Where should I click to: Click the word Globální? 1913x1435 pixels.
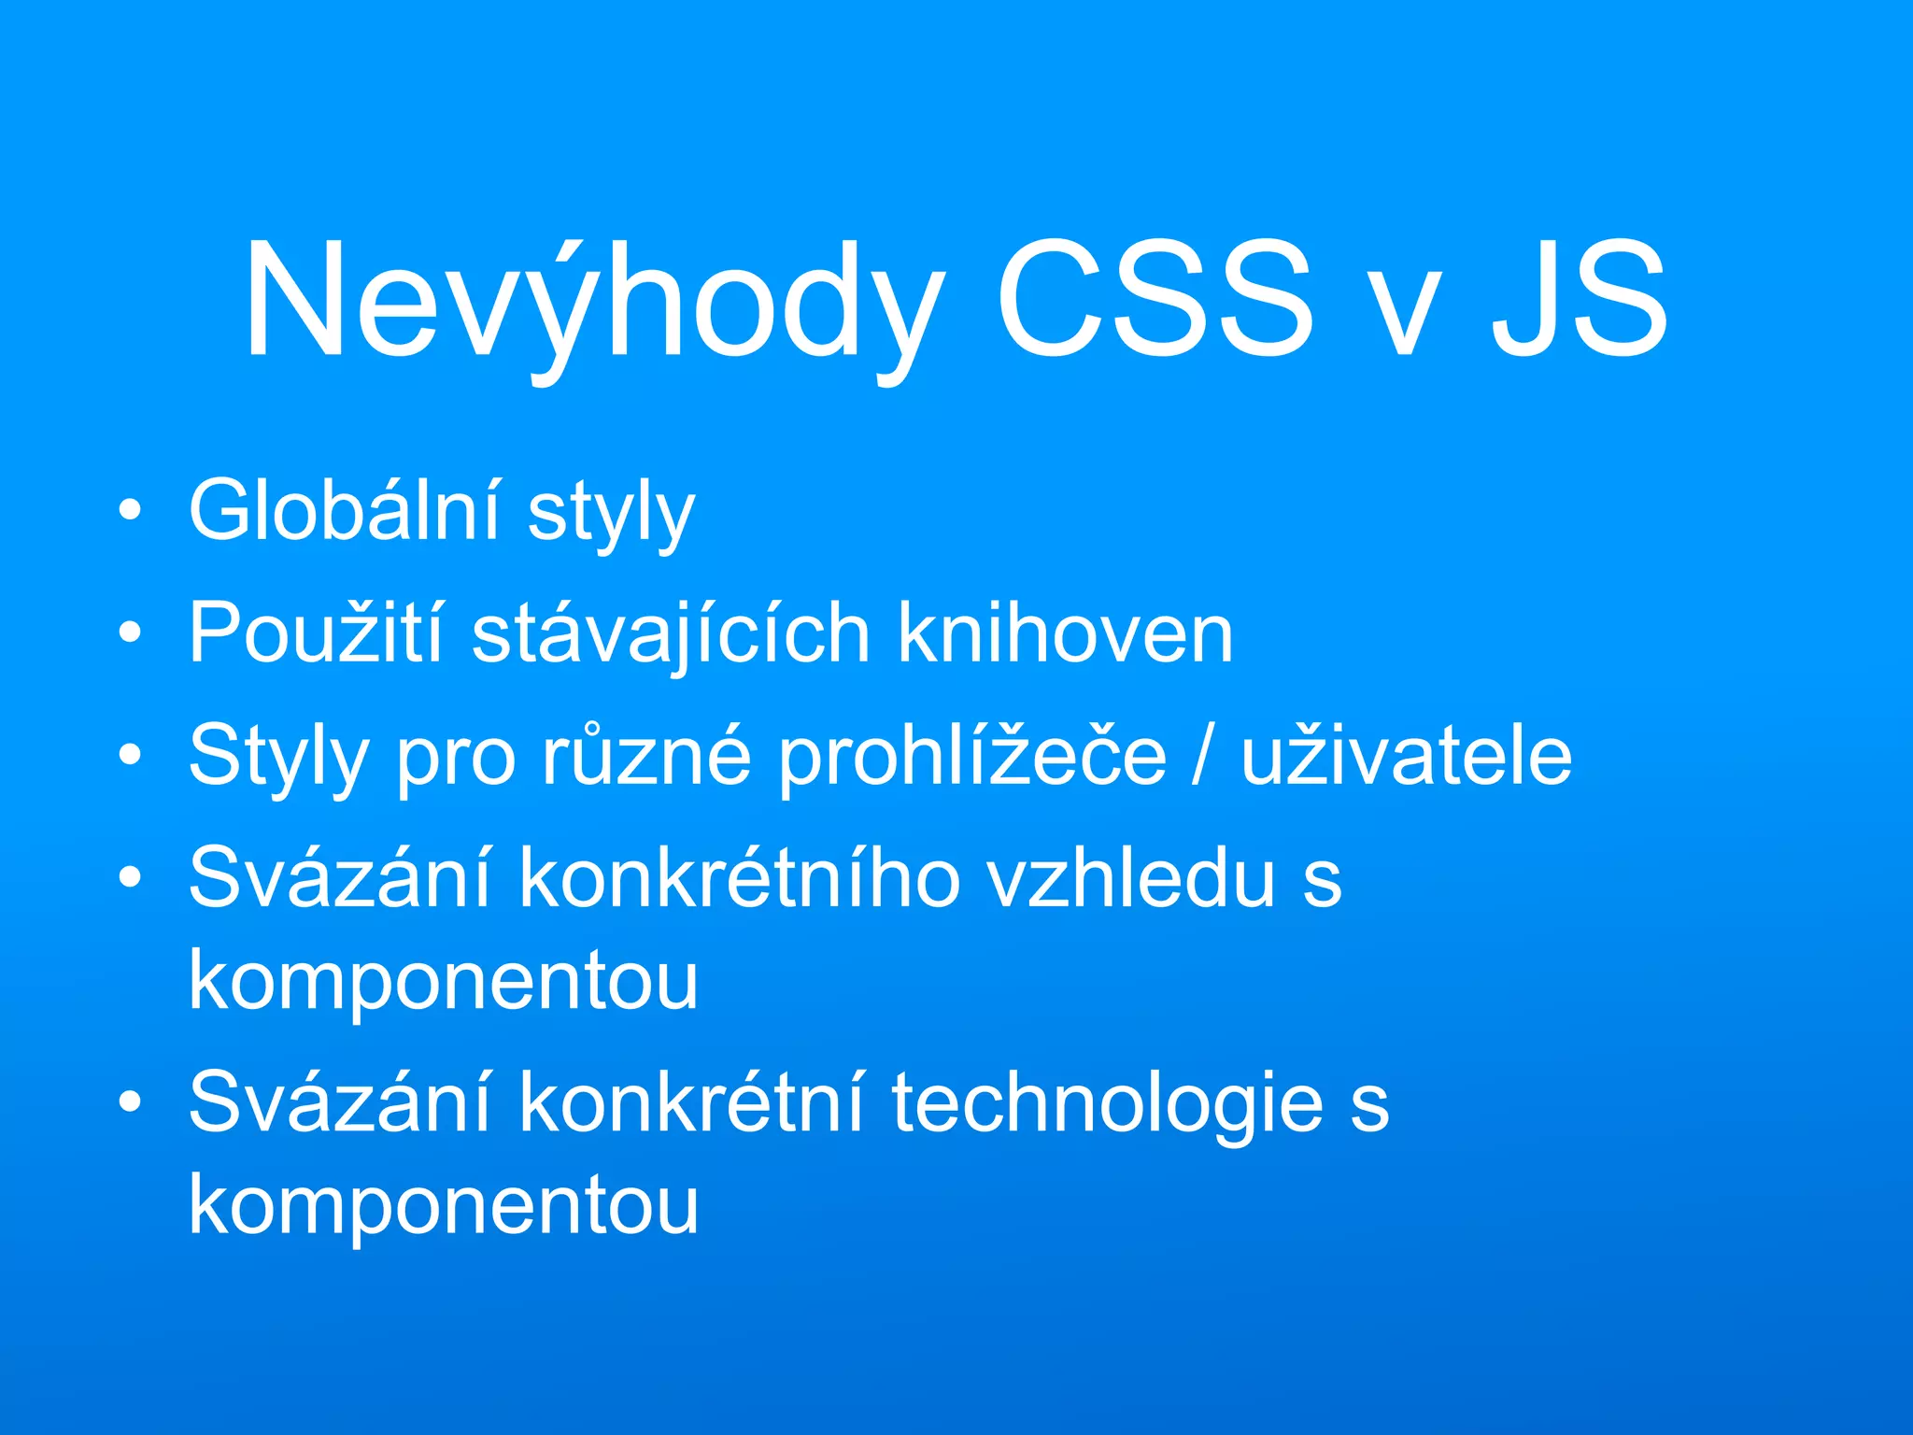(x=346, y=510)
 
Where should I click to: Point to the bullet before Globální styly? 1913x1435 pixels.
(x=131, y=510)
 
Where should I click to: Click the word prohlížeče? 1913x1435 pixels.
(x=971, y=757)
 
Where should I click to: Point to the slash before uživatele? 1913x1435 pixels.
(x=1204, y=757)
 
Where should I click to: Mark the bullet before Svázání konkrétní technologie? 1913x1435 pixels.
(x=131, y=1102)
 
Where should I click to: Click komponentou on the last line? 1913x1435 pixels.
(x=444, y=1205)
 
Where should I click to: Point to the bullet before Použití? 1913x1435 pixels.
(x=131, y=633)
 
